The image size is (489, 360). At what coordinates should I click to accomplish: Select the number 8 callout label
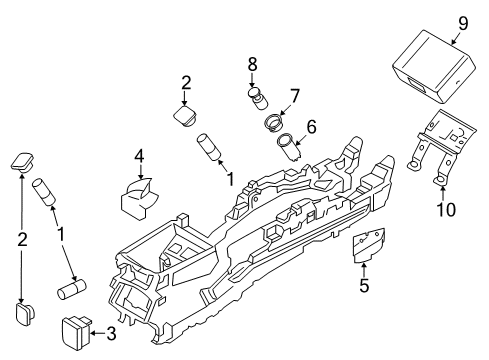(252, 67)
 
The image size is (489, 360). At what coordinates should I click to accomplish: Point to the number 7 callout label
(294, 97)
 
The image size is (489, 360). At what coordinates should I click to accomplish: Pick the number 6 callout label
(310, 127)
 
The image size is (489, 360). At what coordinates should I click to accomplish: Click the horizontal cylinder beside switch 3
(77, 290)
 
